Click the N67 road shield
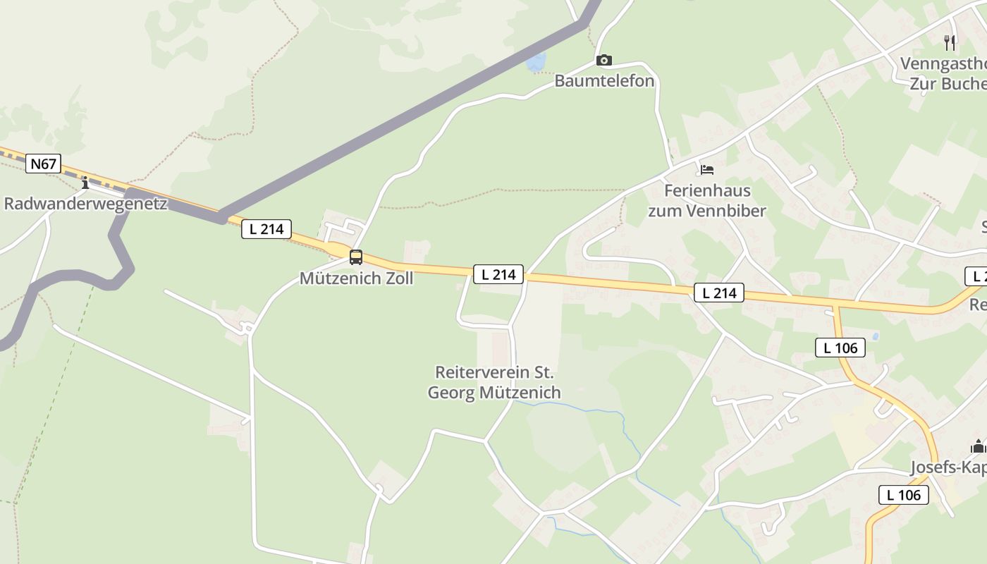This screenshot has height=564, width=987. click(43, 164)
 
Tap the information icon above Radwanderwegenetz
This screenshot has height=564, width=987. click(85, 183)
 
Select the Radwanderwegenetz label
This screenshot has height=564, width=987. click(85, 204)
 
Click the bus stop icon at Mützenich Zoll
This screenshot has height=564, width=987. click(356, 257)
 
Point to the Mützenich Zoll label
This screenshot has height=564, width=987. click(356, 278)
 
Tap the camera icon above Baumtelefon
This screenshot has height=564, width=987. click(603, 61)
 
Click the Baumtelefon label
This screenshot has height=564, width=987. click(604, 81)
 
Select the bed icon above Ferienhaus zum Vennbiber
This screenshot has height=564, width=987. click(706, 170)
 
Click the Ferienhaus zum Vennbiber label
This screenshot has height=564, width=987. click(706, 200)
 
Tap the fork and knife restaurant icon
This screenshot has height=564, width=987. click(950, 43)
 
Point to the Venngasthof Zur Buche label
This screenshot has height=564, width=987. click(945, 73)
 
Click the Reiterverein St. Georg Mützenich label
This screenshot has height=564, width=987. click(494, 382)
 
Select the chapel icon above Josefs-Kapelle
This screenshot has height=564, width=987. click(978, 446)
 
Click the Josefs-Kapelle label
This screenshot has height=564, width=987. click(948, 467)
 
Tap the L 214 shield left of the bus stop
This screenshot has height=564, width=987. click(266, 228)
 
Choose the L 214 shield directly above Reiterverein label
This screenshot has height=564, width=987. click(498, 274)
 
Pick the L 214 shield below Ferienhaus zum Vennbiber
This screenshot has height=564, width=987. click(719, 293)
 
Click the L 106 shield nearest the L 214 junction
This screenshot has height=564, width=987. click(840, 347)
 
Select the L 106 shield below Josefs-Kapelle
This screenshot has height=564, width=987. click(904, 495)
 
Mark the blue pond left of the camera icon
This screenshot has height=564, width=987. click(535, 62)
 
